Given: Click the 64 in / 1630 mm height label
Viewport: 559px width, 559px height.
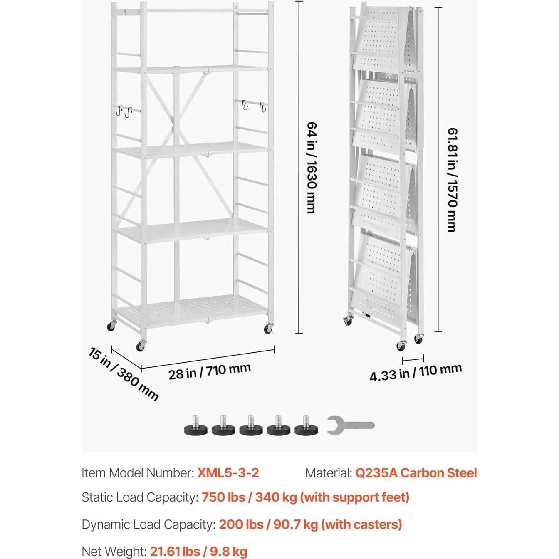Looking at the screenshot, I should click(311, 167).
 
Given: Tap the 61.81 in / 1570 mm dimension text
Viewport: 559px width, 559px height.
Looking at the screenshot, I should click(452, 179).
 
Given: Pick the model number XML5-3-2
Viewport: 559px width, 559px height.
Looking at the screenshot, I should click(228, 473).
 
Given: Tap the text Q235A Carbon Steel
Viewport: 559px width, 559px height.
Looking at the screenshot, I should click(416, 473).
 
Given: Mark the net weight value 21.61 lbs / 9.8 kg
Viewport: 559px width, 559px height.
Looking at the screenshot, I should click(198, 552).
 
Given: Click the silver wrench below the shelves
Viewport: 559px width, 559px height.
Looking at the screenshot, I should click(350, 425).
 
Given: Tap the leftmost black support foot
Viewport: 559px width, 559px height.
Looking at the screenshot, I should click(195, 426).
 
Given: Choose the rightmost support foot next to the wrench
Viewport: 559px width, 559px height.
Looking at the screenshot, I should click(307, 426).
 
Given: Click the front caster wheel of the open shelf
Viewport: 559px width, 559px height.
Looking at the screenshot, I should click(141, 346).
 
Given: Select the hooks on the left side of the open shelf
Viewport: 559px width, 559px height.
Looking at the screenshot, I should click(124, 111).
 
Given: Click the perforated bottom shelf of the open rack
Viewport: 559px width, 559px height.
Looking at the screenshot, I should click(191, 309).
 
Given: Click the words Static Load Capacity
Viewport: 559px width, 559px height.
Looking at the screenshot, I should click(139, 497).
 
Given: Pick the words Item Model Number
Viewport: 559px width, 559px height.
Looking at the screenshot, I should click(137, 473).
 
